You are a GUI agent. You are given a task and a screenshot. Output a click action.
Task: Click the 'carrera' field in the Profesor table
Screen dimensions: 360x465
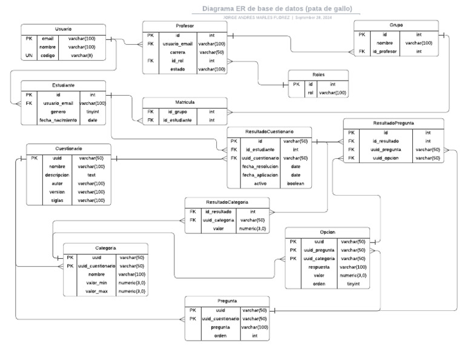click(x=177, y=52)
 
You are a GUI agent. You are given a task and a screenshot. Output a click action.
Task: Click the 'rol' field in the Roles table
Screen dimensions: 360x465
click(x=311, y=93)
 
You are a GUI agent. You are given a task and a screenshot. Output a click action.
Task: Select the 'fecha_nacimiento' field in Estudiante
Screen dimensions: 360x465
click(x=58, y=120)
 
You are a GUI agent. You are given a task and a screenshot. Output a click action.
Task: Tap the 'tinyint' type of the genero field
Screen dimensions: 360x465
click(x=92, y=112)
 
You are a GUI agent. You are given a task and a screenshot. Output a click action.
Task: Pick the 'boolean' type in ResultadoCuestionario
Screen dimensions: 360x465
click(x=295, y=183)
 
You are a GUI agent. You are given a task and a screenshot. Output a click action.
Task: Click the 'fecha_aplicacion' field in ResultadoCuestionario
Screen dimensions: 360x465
click(x=260, y=175)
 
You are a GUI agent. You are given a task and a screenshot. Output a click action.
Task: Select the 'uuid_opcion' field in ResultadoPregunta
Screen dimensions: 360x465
click(x=385, y=158)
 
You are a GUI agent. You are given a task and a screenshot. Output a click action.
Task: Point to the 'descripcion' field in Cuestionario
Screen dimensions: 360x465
click(x=58, y=175)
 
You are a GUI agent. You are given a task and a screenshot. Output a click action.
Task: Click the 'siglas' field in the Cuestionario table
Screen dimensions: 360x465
click(x=58, y=200)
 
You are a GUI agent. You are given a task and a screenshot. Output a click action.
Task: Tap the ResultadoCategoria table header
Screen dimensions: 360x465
click(x=226, y=202)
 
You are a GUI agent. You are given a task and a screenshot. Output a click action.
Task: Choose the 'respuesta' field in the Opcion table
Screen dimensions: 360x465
click(x=318, y=267)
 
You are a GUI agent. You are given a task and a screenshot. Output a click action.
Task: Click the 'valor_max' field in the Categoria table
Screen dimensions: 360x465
click(x=96, y=291)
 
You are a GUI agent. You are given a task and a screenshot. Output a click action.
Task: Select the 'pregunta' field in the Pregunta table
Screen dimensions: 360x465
click(x=220, y=327)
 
